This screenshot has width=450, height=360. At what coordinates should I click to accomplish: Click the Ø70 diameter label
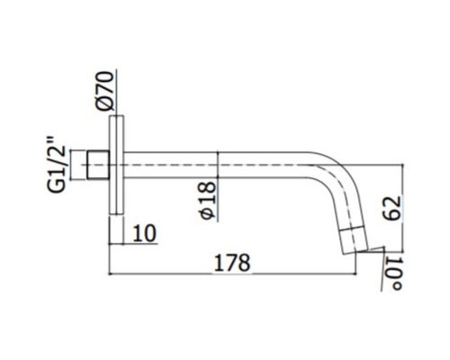pos(105,91)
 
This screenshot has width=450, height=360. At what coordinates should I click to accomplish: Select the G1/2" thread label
pos(56,165)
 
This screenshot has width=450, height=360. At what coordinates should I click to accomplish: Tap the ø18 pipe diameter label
pos(207,201)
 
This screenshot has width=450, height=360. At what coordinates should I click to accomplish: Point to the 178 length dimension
pos(232,263)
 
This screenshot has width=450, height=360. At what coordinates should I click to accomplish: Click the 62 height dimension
pos(391,209)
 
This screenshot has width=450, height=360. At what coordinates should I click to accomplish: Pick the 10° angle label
pos(394,273)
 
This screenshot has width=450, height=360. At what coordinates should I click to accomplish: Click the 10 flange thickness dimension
pos(145,233)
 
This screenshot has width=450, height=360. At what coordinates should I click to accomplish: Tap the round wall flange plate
pos(116,165)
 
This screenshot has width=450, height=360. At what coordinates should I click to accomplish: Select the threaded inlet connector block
pos(98,165)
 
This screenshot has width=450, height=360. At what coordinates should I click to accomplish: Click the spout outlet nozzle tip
pos(355,242)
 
